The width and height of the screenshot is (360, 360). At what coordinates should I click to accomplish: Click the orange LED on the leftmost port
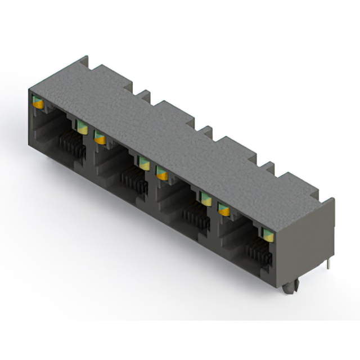click(38, 103)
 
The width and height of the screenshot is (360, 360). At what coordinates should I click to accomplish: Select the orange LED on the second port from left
click(100, 137)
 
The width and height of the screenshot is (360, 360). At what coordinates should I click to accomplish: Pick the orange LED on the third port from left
click(162, 174)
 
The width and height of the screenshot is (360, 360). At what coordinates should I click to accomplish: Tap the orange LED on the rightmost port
click(224, 210)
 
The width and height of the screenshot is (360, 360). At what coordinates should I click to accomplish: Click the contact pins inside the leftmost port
click(70, 146)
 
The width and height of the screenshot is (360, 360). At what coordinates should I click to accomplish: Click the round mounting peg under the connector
click(289, 288)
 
